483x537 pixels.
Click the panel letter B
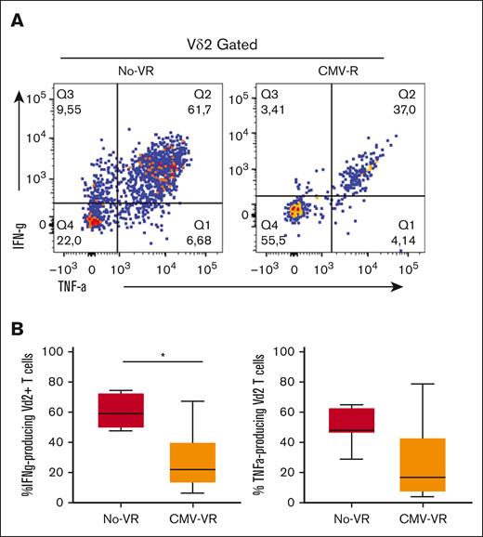tap(17, 329)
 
